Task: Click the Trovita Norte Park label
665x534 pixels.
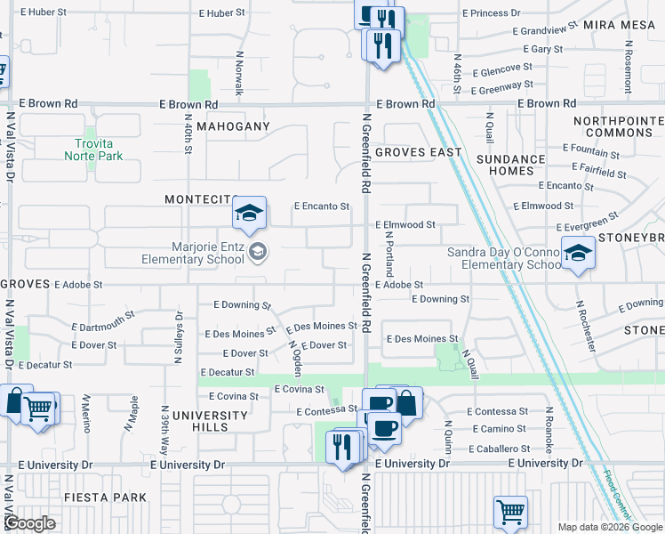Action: point(93,149)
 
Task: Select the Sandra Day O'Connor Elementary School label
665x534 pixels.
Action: point(503,258)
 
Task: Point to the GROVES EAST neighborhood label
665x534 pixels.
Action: point(418,152)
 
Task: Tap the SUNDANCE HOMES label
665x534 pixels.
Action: point(511,165)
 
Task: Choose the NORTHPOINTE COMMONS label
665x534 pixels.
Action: point(619,126)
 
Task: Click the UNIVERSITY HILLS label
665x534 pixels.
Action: point(210,421)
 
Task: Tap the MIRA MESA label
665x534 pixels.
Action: point(618,25)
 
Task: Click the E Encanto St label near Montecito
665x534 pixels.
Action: point(322,206)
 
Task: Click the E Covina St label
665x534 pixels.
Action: point(300,390)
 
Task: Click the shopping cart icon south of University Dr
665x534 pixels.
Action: point(510,511)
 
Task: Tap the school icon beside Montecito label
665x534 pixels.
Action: point(250,212)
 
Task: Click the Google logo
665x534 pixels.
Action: point(29,524)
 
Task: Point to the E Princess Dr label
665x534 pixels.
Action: point(492,13)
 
